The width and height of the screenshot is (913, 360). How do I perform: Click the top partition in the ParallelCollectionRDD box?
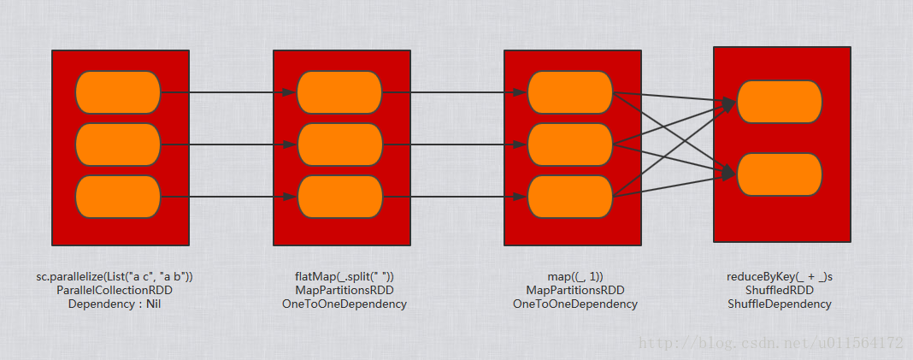[x=118, y=92]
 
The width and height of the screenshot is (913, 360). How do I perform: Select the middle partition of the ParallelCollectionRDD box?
[x=118, y=145]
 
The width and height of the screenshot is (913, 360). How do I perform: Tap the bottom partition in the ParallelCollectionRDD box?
[x=118, y=197]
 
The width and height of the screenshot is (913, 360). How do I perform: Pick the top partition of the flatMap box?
[x=339, y=92]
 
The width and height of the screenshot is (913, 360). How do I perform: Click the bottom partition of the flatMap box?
[x=340, y=197]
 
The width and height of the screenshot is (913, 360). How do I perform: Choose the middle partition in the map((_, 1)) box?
[x=571, y=145]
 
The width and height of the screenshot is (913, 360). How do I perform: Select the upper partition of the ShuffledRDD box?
[x=780, y=102]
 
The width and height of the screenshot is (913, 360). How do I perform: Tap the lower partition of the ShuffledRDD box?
[x=780, y=174]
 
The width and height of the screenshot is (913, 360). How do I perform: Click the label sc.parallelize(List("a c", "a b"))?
[x=115, y=277]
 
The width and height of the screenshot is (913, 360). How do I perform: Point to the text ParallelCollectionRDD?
[x=115, y=291]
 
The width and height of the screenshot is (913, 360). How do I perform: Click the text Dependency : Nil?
[x=115, y=304]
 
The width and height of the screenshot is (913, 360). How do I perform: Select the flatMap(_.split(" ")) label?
[x=345, y=277]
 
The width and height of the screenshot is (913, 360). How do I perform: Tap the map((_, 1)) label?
[x=575, y=277]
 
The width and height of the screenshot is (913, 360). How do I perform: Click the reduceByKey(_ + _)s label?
[x=779, y=277]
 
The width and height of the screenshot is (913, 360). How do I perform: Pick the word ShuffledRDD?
[x=779, y=291]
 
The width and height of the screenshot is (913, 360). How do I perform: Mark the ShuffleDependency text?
[x=779, y=304]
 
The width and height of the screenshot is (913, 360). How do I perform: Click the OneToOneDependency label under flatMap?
[x=345, y=304]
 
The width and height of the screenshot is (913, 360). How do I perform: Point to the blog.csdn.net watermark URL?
[x=770, y=343]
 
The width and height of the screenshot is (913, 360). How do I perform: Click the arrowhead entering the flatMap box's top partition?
[x=290, y=92]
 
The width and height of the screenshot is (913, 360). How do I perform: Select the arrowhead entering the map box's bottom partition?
[x=521, y=197]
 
